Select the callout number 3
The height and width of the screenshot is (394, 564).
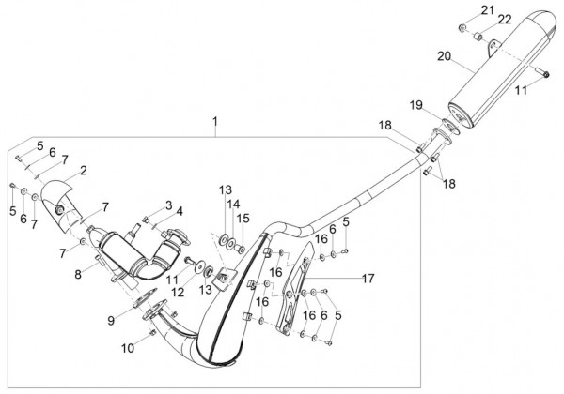click(x=168, y=205)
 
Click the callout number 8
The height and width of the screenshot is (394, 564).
click(x=79, y=275)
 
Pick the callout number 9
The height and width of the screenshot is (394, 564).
click(x=111, y=320)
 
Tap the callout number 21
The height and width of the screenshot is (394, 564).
click(x=486, y=9)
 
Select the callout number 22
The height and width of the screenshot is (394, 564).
click(x=505, y=20)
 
